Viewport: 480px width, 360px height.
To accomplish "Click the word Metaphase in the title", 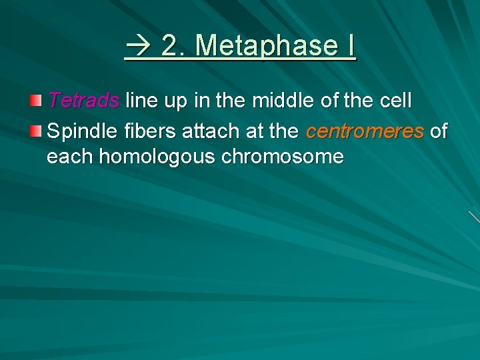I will pos(267,46).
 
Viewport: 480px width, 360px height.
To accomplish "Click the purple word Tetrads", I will pos(83,101).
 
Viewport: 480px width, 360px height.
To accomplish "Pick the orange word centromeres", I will pos(365,131).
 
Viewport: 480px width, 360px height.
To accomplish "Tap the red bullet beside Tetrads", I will pos(35,101).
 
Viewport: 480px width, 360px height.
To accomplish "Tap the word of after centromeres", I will pos(439,131).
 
